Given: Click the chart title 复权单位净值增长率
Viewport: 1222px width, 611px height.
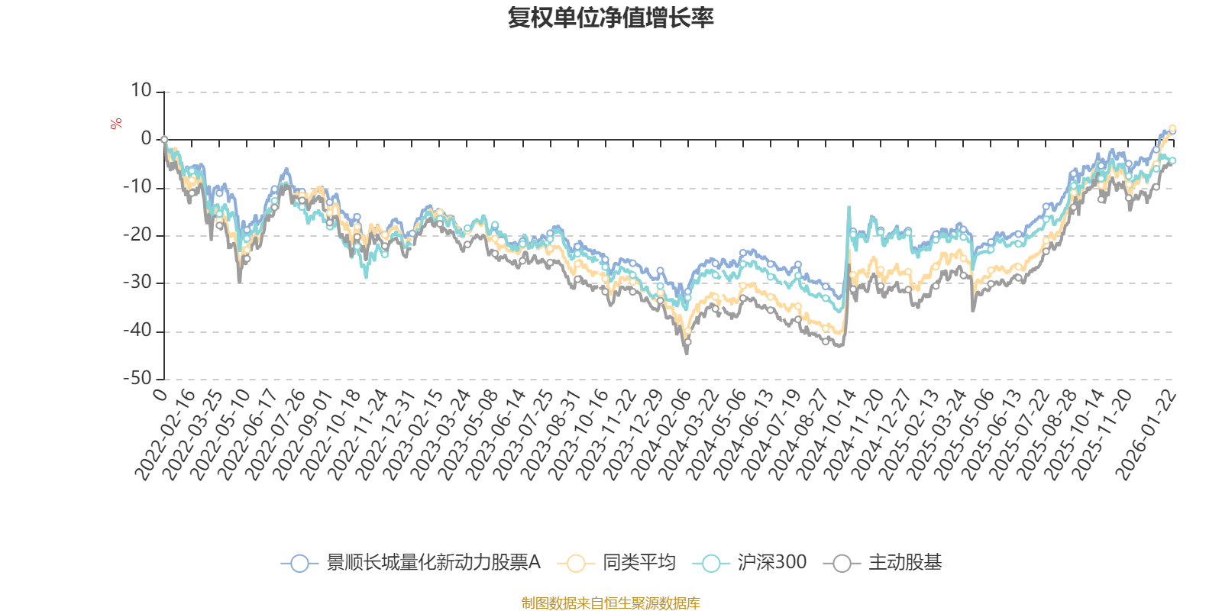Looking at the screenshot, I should coord(611,18).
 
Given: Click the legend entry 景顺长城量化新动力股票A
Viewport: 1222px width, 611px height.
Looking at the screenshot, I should coord(433,563).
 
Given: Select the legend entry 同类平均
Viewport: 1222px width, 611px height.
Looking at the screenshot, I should coord(638,563).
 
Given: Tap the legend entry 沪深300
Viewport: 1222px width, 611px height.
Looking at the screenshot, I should coord(771,563).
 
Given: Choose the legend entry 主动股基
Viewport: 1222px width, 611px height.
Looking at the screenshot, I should coord(904,563).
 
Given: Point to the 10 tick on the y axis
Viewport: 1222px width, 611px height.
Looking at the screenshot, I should coord(141,91).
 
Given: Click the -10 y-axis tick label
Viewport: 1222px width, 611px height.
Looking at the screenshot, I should coord(137,187).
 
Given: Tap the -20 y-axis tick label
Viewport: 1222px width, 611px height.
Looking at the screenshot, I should coord(137,235).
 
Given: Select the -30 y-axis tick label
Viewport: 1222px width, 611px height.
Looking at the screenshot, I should coord(137,283).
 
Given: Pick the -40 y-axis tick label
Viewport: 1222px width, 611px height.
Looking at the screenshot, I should coord(137,331).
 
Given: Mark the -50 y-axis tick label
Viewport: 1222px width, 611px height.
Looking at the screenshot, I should coord(137,378).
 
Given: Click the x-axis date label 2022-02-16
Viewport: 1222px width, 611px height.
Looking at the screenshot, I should coord(166,435).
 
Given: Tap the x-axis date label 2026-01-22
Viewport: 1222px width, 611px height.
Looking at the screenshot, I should coord(1147,435).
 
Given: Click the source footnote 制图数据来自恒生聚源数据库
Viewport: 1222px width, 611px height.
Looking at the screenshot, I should coord(610,603).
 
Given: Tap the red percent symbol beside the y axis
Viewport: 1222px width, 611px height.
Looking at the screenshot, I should coord(116,124).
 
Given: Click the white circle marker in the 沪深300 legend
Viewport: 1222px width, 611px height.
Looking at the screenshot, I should coord(711,564).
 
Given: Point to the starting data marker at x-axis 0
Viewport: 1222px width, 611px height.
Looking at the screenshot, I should coord(164,140).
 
